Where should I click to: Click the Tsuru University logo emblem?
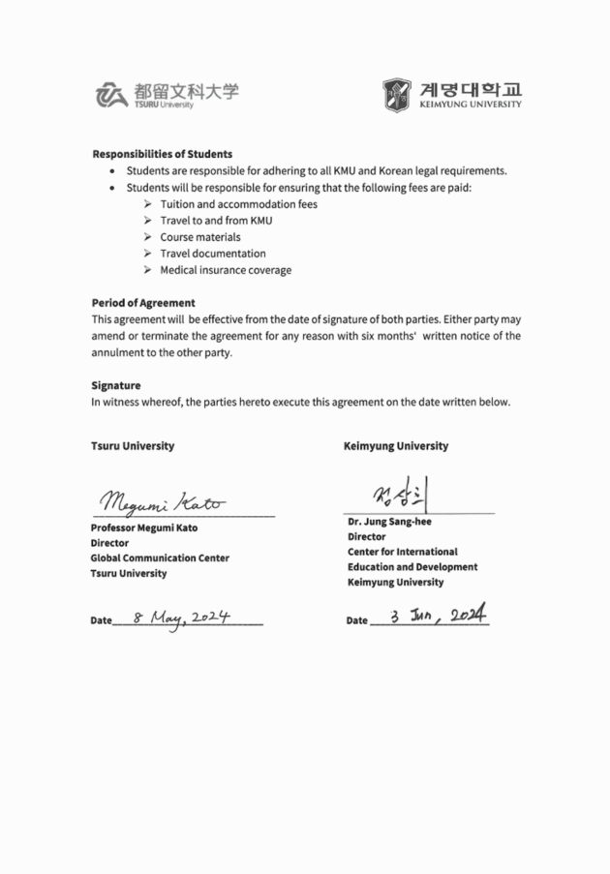tap(111, 94)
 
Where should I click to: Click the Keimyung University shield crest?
tap(396, 94)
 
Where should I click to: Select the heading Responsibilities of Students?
tap(162, 154)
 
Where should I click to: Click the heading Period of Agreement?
tap(143, 303)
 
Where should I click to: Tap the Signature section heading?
tap(116, 385)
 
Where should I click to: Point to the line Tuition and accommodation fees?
tap(238, 204)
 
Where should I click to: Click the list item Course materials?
tap(200, 237)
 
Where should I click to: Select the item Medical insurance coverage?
tap(226, 270)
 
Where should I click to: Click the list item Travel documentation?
tap(213, 254)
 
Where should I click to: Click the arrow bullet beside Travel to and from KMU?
tap(147, 221)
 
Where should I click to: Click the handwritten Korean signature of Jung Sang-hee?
tap(397, 497)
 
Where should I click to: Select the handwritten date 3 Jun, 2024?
tap(437, 616)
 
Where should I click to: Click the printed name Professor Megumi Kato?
tap(151, 528)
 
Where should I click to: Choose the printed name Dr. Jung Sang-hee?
tap(389, 522)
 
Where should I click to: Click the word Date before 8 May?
tap(101, 620)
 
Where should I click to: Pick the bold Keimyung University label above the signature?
tap(396, 446)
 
